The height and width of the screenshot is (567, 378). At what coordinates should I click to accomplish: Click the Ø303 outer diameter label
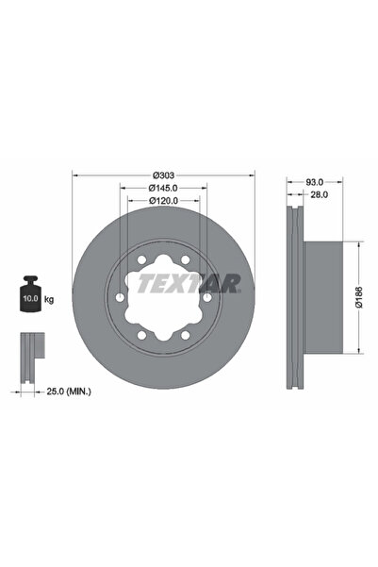pyautogui.click(x=164, y=175)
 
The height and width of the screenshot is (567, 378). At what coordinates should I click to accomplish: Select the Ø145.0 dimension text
pyautogui.click(x=164, y=189)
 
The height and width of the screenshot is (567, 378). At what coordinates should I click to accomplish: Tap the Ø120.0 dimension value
pyautogui.click(x=164, y=201)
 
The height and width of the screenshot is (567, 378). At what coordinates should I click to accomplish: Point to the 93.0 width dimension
pyautogui.click(x=315, y=182)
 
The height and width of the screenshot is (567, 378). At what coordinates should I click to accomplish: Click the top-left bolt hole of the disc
pyautogui.click(x=140, y=258)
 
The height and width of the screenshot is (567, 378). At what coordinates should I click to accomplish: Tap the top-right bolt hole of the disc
pyautogui.click(x=186, y=258)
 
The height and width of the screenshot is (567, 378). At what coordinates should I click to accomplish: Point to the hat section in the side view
pyautogui.click(x=330, y=297)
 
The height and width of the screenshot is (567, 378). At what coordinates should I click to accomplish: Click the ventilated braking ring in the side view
pyautogui.click(x=294, y=297)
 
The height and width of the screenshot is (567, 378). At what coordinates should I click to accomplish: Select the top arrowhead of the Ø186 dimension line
pyautogui.click(x=359, y=244)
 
